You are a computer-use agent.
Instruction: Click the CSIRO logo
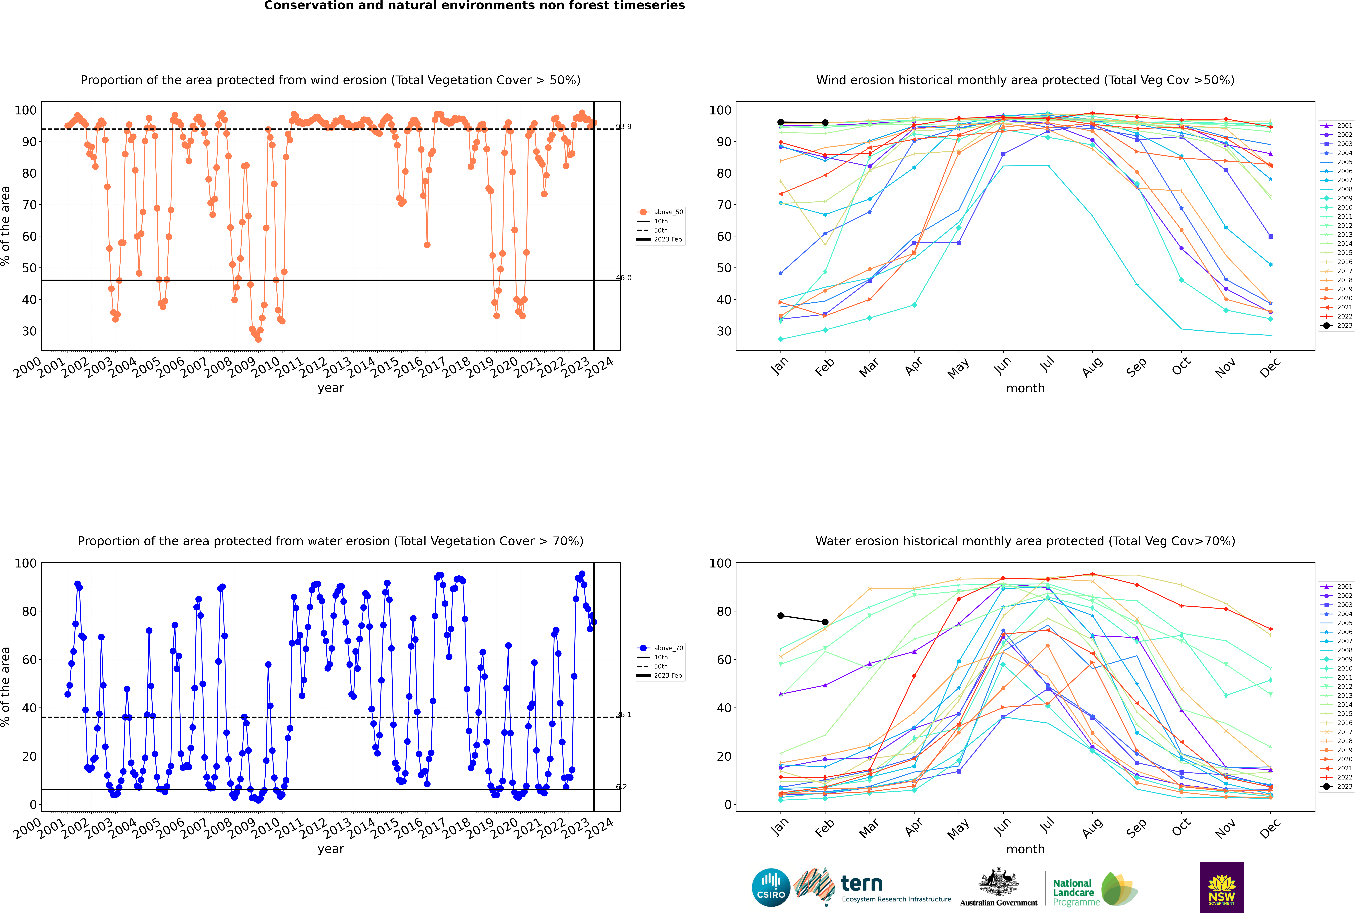coord(771,887)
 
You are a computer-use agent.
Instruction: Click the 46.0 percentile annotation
coord(623,278)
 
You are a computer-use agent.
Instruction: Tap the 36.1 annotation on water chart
coord(623,714)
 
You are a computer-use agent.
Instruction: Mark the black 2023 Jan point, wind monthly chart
coord(781,122)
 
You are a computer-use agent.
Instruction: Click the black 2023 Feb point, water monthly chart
coord(825,622)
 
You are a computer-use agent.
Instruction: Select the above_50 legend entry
coord(668,212)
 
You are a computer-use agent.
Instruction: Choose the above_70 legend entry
coord(668,648)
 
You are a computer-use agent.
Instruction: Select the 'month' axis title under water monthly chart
coord(1025,849)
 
